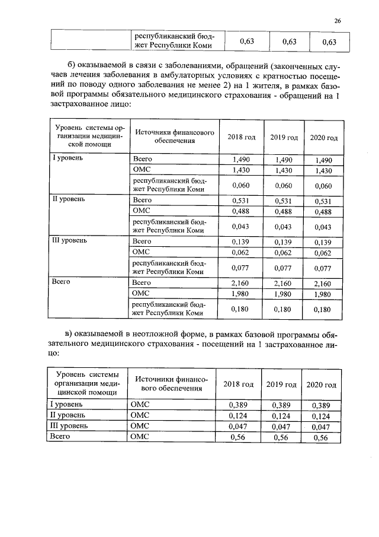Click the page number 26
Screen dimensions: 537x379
coord(338,21)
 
